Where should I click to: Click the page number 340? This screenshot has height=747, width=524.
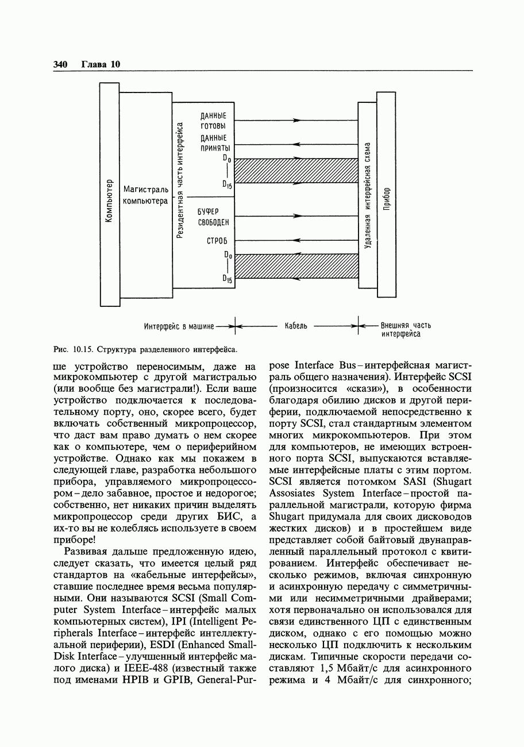tap(60, 64)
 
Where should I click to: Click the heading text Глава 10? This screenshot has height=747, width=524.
tap(101, 64)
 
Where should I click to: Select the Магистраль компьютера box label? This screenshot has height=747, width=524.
tap(145, 195)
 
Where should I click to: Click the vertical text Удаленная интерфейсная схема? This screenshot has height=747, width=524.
tap(368, 195)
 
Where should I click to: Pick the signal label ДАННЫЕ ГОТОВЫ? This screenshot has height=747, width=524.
tap(213, 121)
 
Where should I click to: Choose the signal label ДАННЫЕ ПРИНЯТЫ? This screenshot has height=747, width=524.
tap(213, 143)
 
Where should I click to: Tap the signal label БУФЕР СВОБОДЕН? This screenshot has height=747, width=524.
tap(213, 217)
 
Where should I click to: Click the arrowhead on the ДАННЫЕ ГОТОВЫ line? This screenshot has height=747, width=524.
tap(296, 121)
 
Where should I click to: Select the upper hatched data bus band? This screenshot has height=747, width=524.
tap(296, 171)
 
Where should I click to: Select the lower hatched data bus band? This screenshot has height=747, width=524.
tap(296, 266)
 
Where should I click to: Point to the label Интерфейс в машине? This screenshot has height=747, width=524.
tap(178, 326)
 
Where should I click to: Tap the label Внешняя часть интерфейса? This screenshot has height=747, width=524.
tap(405, 329)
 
